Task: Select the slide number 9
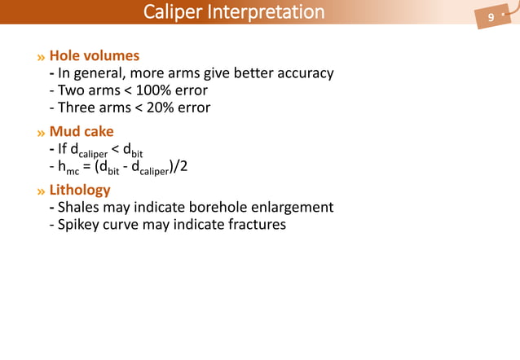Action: (491, 18)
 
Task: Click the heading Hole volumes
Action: (95, 56)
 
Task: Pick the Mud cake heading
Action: (82, 131)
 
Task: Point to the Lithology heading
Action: (80, 190)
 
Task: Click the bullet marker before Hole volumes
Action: (41, 57)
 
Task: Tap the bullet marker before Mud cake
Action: (41, 132)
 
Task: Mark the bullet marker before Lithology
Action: (41, 191)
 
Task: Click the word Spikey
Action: (82, 224)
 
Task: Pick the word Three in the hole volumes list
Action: (78, 108)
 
